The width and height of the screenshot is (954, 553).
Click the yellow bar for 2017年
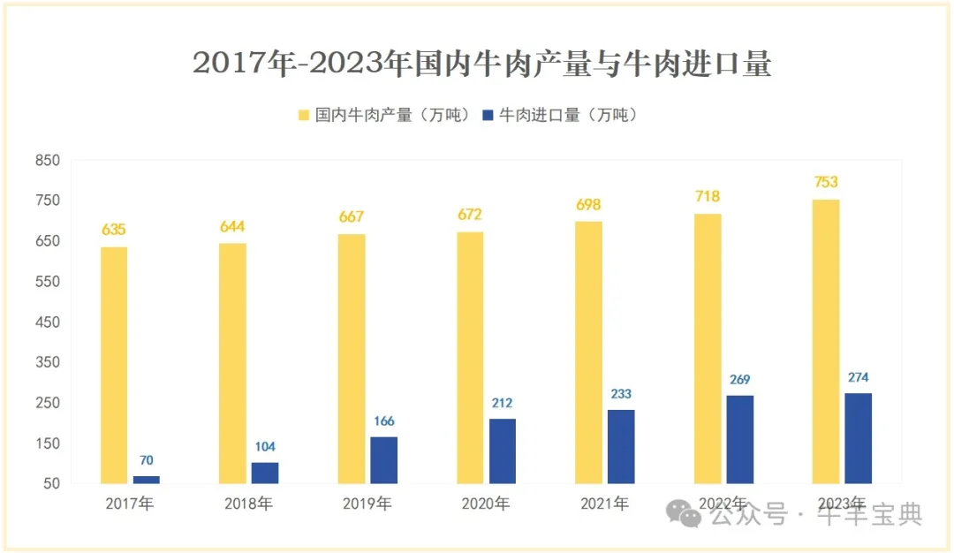click(113, 365)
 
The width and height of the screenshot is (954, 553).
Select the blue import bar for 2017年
click(147, 480)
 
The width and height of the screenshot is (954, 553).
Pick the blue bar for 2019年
click(383, 460)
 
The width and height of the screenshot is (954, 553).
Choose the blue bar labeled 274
click(858, 438)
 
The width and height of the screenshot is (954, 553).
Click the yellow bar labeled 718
click(707, 348)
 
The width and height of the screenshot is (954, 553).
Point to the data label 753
click(825, 183)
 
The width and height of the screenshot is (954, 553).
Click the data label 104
click(265, 447)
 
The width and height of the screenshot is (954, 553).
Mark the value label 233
click(621, 394)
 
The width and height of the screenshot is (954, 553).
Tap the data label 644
click(232, 227)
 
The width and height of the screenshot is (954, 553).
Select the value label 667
click(352, 217)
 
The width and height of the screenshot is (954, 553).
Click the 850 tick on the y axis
click(47, 161)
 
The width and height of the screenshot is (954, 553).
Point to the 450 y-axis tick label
click(47, 322)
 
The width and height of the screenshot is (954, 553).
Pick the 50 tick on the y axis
click(50, 484)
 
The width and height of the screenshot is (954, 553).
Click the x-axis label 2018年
click(248, 504)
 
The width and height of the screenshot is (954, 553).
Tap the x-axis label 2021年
click(604, 504)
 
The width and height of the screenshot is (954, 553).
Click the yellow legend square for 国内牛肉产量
click(304, 116)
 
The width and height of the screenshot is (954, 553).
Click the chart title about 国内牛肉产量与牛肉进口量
click(482, 64)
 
